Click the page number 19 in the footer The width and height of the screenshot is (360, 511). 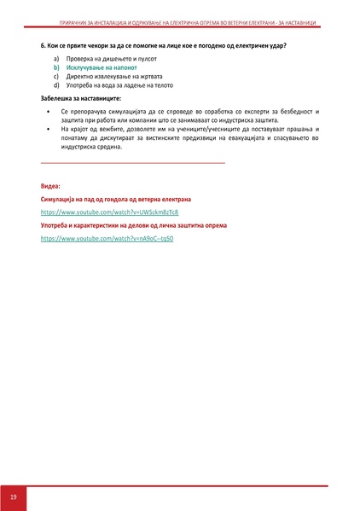[x=14, y=496]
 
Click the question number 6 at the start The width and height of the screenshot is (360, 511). [x=43, y=43]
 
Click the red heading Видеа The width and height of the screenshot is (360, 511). [x=50, y=185]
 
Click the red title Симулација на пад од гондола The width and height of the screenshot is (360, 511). [x=115, y=199]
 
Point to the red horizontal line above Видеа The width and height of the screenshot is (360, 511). [x=132, y=161]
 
